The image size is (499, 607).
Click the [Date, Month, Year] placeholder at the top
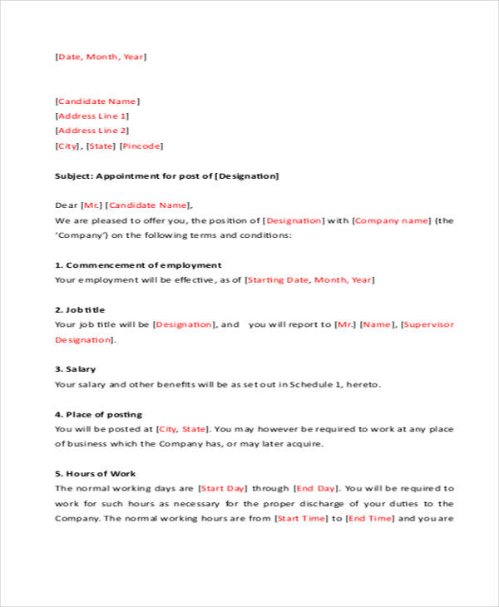[101, 57]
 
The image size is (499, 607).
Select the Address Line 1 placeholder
[91, 116]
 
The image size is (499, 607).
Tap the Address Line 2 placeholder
[91, 131]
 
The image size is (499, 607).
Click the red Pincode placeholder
[141, 146]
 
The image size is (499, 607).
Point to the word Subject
[73, 176]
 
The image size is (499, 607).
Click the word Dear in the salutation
[66, 205]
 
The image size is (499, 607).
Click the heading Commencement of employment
[143, 265]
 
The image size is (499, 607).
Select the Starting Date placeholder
[279, 280]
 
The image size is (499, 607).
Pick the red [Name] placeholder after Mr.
[377, 324]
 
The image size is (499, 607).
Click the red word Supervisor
[429, 324]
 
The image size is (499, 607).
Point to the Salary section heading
[80, 369]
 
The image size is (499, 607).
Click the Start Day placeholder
[223, 489]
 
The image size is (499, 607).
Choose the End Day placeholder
[316, 489]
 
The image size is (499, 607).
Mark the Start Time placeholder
[301, 518]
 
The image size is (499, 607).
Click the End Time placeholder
[370, 518]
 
